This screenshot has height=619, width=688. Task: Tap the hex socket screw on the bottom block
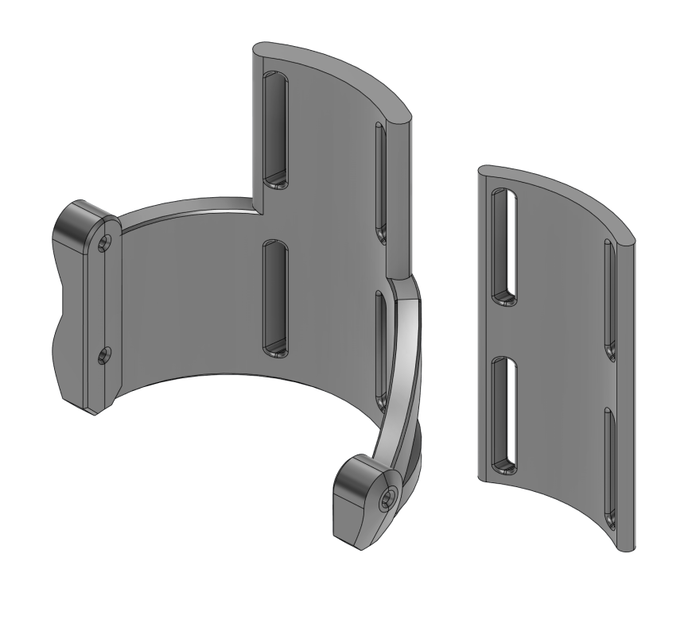coord(387,500)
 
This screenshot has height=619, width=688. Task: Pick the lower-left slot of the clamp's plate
coord(274,298)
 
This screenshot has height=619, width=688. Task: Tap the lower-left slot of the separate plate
coord(503,415)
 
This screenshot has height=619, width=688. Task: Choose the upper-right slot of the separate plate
coord(610,298)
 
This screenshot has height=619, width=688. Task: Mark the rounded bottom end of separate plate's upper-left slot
coord(504,299)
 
